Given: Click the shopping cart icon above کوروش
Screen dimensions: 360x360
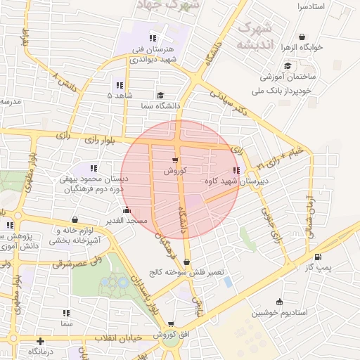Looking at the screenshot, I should [x=174, y=160].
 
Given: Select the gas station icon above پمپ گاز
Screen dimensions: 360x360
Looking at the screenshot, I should [x=319, y=257].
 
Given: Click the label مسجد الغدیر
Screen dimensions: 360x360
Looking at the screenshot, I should [x=127, y=221].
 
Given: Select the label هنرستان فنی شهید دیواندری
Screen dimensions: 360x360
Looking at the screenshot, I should [x=154, y=56].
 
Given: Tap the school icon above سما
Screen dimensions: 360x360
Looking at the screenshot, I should [x=66, y=313].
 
